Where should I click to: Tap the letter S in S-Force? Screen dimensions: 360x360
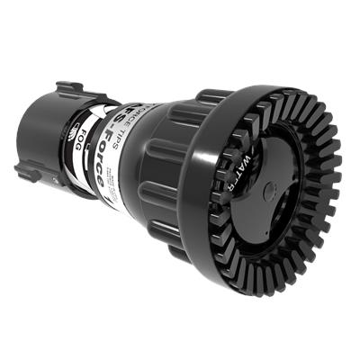point(126,115)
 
